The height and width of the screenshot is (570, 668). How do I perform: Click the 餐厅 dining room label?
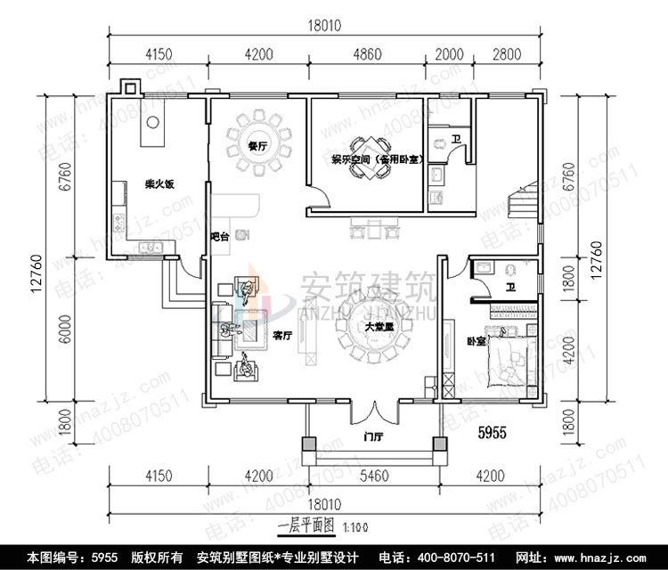[258, 146]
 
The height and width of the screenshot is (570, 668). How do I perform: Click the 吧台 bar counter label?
[218, 237]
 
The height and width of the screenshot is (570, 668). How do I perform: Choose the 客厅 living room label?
[283, 336]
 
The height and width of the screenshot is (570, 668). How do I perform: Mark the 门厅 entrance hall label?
[372, 436]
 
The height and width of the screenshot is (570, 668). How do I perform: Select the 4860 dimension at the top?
[367, 55]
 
